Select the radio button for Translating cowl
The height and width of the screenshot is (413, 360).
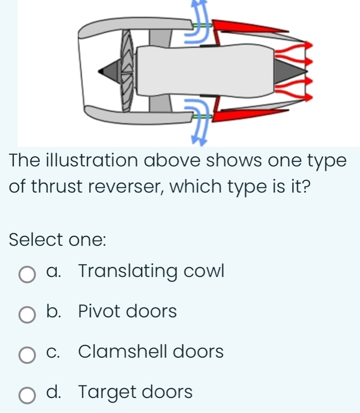coord(27,274)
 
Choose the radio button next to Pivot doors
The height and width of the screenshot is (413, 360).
coord(27,315)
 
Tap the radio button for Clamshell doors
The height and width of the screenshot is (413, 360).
coord(27,355)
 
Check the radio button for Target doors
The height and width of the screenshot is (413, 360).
coord(27,395)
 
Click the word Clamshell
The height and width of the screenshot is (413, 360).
coord(123,351)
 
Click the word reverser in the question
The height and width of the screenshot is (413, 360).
coord(125,186)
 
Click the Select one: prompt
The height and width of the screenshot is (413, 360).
coord(57,240)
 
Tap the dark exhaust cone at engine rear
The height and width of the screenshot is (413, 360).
coord(290,71)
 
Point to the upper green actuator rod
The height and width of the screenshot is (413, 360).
coord(202,25)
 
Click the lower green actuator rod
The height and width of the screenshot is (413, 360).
coord(202,116)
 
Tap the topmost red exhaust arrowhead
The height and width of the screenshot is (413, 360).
coord(308,45)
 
